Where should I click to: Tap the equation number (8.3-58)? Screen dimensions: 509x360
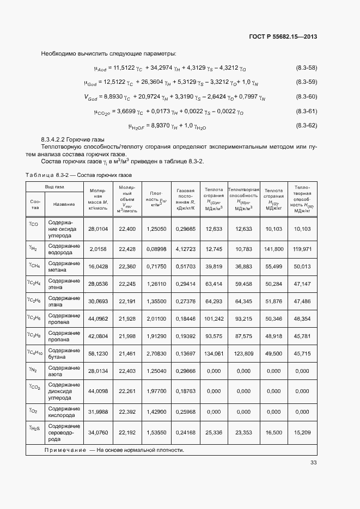click(306, 68)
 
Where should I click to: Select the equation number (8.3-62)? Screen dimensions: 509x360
click(306, 126)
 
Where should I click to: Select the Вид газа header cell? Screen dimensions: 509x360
click(54, 186)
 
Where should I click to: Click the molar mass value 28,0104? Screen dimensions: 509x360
click(98, 229)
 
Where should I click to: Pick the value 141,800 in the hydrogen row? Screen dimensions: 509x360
click(273, 249)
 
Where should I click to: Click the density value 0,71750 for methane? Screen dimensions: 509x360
click(157, 266)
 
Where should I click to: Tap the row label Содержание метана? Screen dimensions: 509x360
click(64, 266)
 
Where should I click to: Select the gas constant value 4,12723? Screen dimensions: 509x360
click(186, 249)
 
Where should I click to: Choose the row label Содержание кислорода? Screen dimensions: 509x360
click(64, 412)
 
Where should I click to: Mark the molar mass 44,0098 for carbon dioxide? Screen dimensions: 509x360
click(98, 390)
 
